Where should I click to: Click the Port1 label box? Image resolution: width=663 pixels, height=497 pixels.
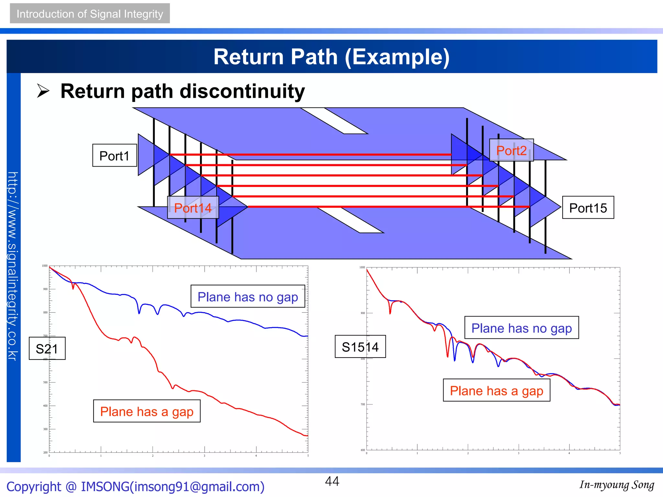[x=114, y=156]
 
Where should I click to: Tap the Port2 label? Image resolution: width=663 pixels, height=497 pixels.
[x=511, y=150]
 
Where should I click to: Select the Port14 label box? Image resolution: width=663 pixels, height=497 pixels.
[x=193, y=208]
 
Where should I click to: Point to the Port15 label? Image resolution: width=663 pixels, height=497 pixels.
[x=588, y=208]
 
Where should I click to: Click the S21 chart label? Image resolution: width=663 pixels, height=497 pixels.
[x=47, y=348]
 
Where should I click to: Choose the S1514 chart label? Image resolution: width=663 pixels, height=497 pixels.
[x=360, y=347]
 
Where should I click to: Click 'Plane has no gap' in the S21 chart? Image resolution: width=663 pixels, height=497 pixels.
[x=248, y=297]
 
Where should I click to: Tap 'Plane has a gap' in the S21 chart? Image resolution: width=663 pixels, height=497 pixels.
[x=147, y=411]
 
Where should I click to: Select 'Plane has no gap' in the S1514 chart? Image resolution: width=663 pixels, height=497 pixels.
[x=521, y=328]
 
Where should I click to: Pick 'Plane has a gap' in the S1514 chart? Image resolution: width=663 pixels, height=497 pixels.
[x=496, y=391]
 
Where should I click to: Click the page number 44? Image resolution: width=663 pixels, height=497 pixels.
[x=332, y=481]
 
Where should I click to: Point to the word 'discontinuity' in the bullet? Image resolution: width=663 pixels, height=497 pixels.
[x=242, y=91]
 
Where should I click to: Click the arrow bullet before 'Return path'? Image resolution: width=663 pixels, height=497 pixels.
[x=43, y=91]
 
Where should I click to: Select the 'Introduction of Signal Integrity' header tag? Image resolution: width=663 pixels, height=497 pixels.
[x=90, y=14]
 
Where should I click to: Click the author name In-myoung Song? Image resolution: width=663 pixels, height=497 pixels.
[x=616, y=485]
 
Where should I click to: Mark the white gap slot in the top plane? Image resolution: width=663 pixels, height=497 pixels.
[x=334, y=120]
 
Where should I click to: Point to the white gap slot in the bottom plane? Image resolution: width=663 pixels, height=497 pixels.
[x=350, y=220]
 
